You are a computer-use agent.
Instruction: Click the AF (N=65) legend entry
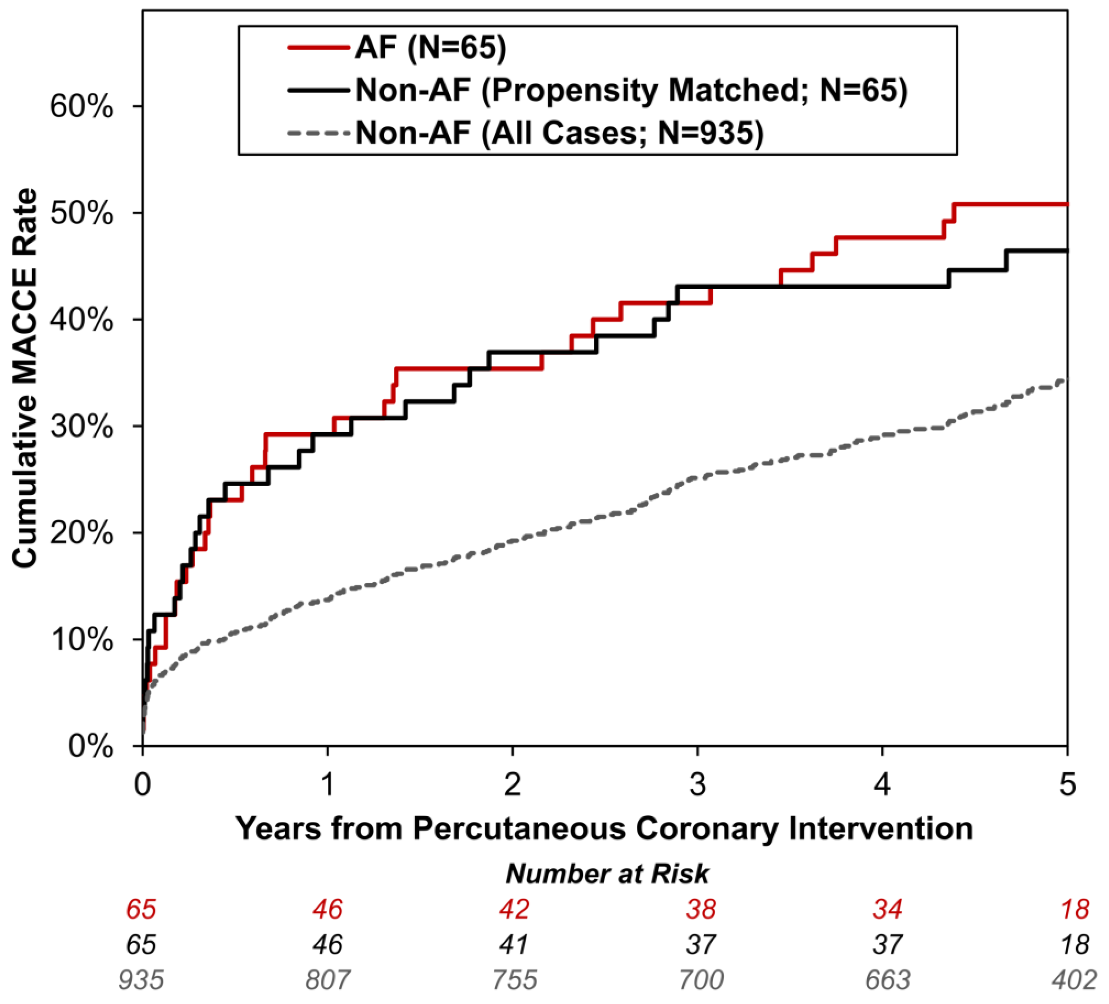pos(430,48)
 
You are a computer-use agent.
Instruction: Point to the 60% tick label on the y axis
pos(81,107)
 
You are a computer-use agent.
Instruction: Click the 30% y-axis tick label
pos(81,427)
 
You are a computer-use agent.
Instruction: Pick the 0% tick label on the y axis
pos(90,747)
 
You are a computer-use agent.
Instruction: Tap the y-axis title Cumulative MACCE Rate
pos(25,379)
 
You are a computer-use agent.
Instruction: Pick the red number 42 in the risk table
pos(514,909)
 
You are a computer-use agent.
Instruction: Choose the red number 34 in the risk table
pos(887,909)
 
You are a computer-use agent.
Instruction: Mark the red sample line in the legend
pos(318,48)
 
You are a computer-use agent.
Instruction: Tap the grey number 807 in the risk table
pos(328,980)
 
